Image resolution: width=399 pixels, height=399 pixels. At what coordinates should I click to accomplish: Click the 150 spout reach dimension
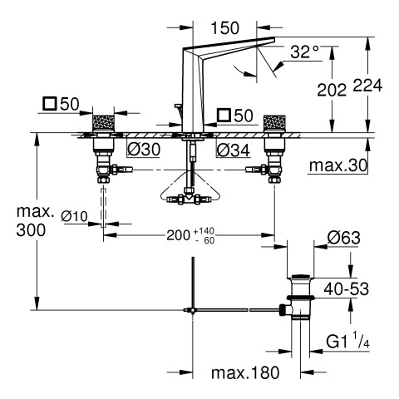coord(224,28)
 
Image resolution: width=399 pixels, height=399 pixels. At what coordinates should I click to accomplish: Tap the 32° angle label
coord(304,52)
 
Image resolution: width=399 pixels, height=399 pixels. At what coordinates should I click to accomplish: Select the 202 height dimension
coord(332,90)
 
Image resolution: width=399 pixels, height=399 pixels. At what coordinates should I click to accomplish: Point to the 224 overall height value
coord(367,86)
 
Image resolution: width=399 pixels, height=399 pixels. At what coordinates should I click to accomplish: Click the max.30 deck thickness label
coord(338,165)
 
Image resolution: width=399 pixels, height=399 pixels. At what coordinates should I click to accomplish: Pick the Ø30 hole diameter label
coord(144,150)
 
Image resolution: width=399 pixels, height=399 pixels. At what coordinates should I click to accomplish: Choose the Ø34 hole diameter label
coord(234,150)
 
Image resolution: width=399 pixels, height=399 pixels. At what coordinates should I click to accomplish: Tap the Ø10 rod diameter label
coord(74,216)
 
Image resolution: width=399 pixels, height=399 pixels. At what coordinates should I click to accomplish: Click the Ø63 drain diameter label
coord(343,238)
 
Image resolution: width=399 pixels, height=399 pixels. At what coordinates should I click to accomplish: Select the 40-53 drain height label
coord(347,289)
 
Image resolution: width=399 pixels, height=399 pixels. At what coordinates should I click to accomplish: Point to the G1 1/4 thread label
coord(347,342)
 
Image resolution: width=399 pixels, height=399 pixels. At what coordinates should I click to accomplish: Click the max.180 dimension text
coord(245,372)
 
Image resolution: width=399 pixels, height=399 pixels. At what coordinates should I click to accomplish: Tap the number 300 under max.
coord(31,230)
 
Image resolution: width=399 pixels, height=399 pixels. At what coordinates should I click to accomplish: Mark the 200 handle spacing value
coord(178,235)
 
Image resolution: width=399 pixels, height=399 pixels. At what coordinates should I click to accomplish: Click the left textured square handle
coord(103,123)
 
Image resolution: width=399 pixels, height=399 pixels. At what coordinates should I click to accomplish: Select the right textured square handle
coord(274,123)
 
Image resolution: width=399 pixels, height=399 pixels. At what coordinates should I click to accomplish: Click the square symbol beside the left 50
coord(50,104)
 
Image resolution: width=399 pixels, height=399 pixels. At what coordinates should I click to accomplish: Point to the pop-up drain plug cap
coord(301,276)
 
